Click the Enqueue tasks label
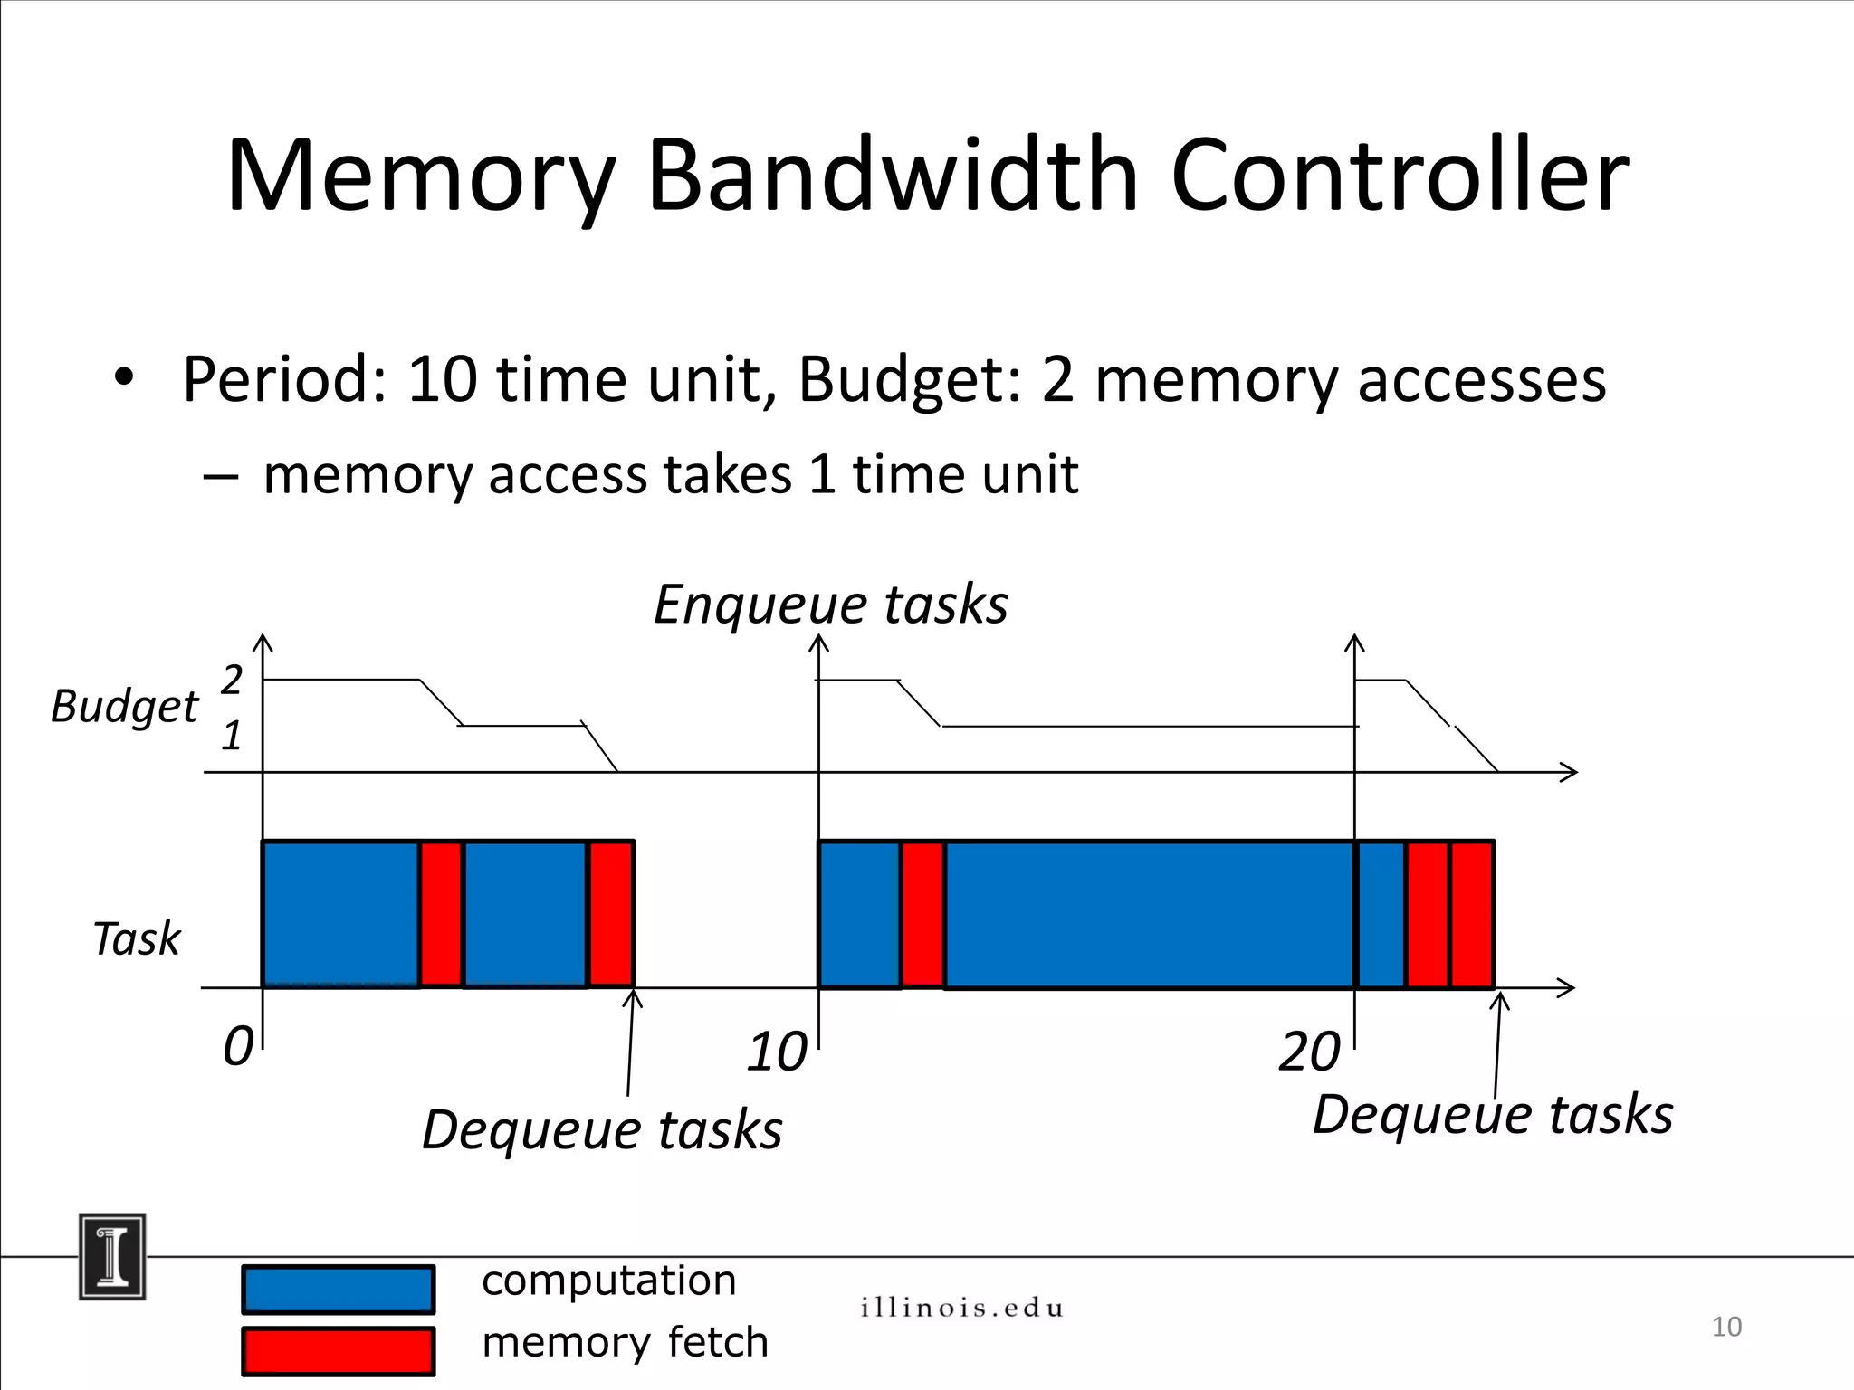click(x=830, y=605)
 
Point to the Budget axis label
click(x=124, y=707)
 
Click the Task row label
click(x=137, y=938)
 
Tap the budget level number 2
click(x=232, y=680)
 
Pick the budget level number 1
click(x=232, y=736)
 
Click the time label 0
click(x=238, y=1047)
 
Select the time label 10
click(x=776, y=1052)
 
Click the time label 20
click(x=1308, y=1052)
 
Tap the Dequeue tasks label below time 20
click(x=1492, y=1114)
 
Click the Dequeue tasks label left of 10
click(x=602, y=1130)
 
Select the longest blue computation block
click(x=1150, y=914)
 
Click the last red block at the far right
click(x=1472, y=914)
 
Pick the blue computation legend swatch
click(x=338, y=1290)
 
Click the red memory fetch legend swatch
click(x=338, y=1350)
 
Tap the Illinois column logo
click(x=112, y=1257)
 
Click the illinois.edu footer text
click(x=961, y=1308)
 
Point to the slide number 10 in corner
click(x=1725, y=1327)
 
